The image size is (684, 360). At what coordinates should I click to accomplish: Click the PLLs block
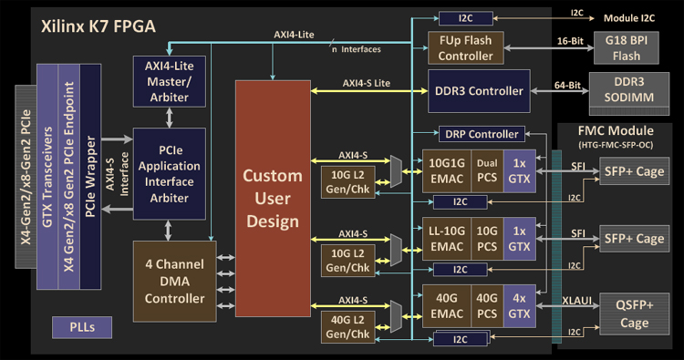pos(82,327)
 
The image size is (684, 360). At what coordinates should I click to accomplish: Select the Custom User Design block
pos(273,199)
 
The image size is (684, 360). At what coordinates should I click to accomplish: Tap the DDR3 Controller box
pos(479,91)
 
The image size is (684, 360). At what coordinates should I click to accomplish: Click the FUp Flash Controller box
pos(465,48)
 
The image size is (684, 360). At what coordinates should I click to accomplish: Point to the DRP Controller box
pos(482,134)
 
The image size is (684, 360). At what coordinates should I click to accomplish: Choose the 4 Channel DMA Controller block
pos(174,282)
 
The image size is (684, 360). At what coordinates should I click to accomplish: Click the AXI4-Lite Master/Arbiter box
pos(170,81)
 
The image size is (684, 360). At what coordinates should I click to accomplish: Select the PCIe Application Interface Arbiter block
pos(170,173)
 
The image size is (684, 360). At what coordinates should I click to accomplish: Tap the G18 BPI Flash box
pos(626,48)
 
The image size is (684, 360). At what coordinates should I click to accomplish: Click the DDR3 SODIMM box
pos(629,93)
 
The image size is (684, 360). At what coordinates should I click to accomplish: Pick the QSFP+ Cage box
pos(634,314)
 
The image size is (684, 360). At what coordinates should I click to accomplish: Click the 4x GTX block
pos(519,306)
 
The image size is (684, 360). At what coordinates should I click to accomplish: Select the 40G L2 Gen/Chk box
pos(347,327)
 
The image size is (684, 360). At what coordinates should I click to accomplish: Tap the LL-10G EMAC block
pos(447,239)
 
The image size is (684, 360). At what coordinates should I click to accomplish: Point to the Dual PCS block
pos(487,170)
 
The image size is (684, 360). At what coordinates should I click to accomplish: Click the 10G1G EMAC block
pos(447,170)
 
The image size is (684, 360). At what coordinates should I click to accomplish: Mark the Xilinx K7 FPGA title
pos(98,26)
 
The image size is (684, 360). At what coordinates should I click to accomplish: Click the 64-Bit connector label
pos(567,85)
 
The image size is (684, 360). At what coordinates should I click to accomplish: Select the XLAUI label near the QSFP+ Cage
pos(576,300)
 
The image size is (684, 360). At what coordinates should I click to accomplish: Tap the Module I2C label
pos(629,18)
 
